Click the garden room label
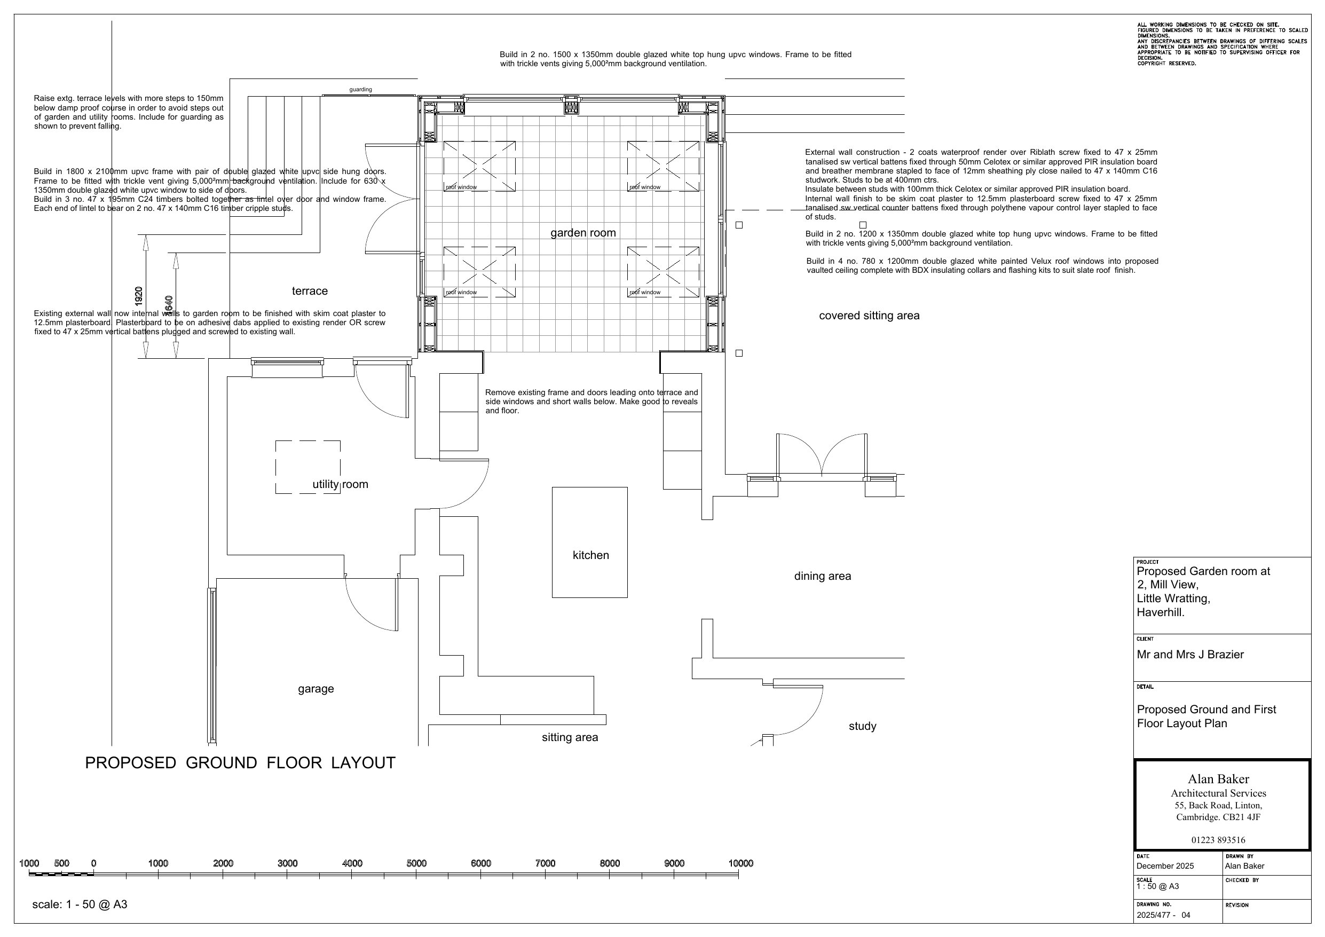[x=583, y=233]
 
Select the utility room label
[x=340, y=484]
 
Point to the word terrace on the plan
[x=310, y=291]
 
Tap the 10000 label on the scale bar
[x=740, y=863]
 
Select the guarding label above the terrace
[x=361, y=90]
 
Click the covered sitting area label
[x=869, y=316]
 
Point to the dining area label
[x=822, y=576]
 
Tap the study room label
[x=862, y=726]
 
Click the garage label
[x=316, y=689]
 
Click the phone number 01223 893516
[x=1218, y=840]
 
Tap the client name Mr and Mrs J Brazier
[x=1190, y=655]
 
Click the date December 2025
[x=1164, y=866]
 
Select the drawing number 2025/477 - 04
[x=1163, y=915]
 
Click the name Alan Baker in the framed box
[x=1218, y=779]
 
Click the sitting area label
[x=570, y=737]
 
